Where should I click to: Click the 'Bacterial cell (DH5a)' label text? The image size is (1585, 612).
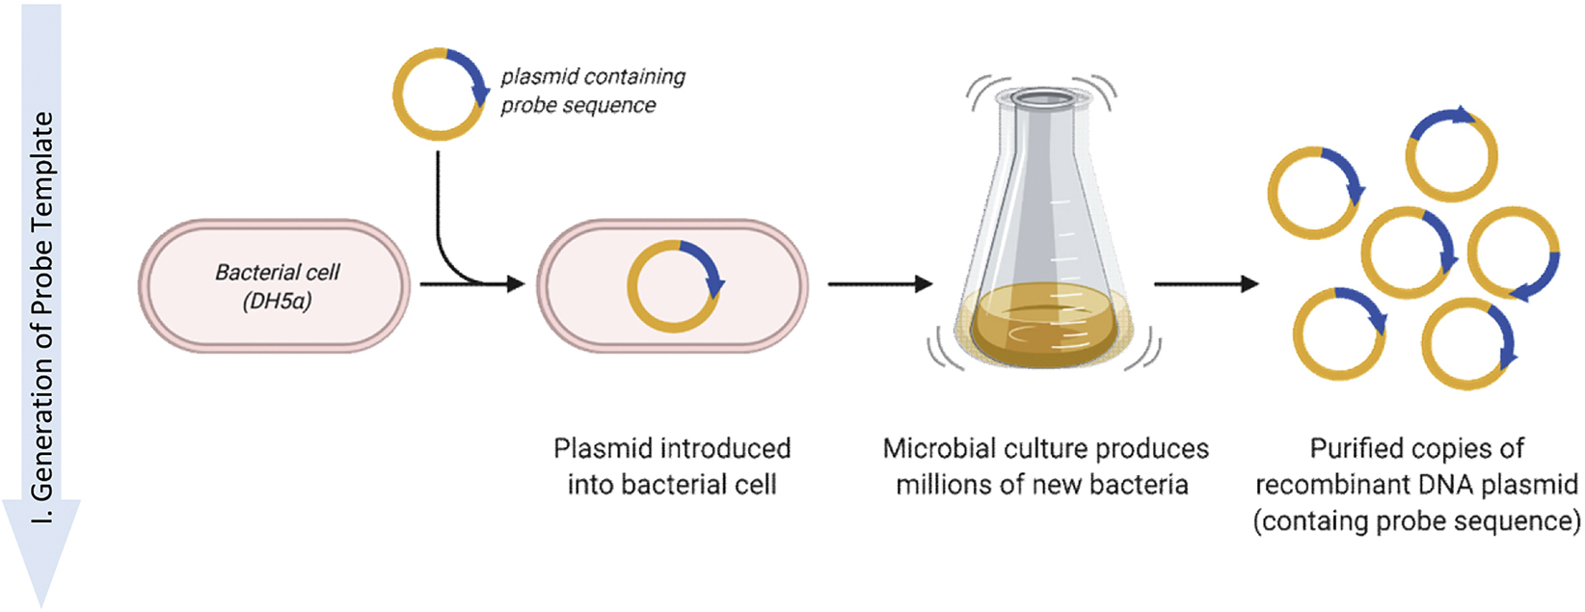(x=277, y=286)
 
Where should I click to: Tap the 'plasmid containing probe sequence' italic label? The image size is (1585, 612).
(x=592, y=91)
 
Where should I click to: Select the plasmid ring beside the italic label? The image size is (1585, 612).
(x=439, y=93)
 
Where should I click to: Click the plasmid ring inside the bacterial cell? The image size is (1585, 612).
(x=674, y=285)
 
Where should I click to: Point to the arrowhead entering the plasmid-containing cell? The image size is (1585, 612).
(x=516, y=283)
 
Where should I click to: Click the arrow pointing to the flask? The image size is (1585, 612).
(x=879, y=283)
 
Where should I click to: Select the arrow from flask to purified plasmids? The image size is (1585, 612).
(x=1205, y=283)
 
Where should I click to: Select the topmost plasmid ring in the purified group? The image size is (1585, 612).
(x=1451, y=154)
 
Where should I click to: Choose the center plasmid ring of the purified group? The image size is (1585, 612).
(x=1408, y=253)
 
